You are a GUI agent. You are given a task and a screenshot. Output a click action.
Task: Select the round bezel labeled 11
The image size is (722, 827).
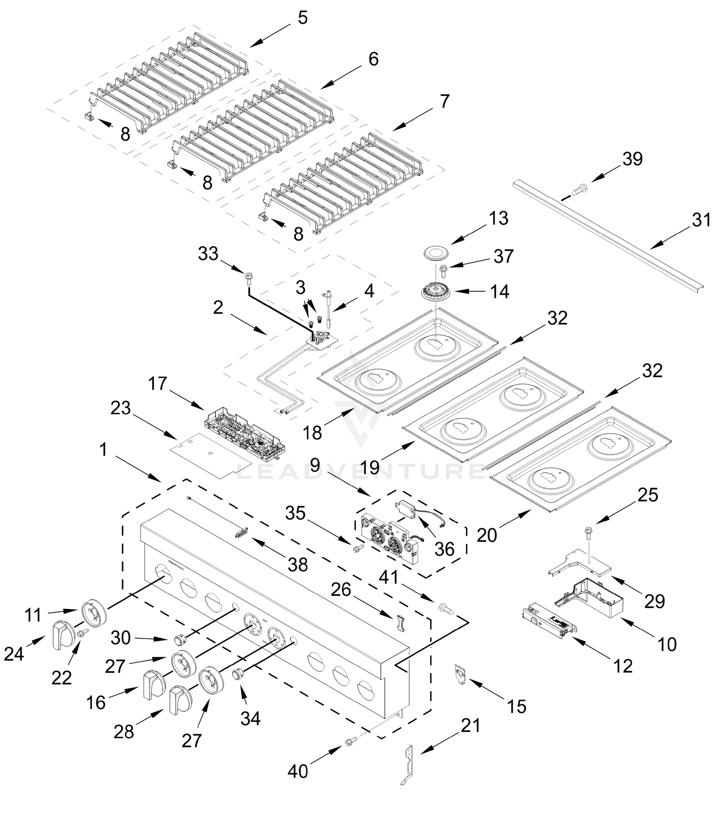coord(94,614)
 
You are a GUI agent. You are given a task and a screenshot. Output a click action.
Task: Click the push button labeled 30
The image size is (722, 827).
coord(179,639)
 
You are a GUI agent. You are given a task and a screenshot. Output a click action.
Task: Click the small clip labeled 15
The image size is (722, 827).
coord(460,674)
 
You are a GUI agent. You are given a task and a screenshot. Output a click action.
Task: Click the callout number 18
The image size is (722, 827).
coord(312,433)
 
